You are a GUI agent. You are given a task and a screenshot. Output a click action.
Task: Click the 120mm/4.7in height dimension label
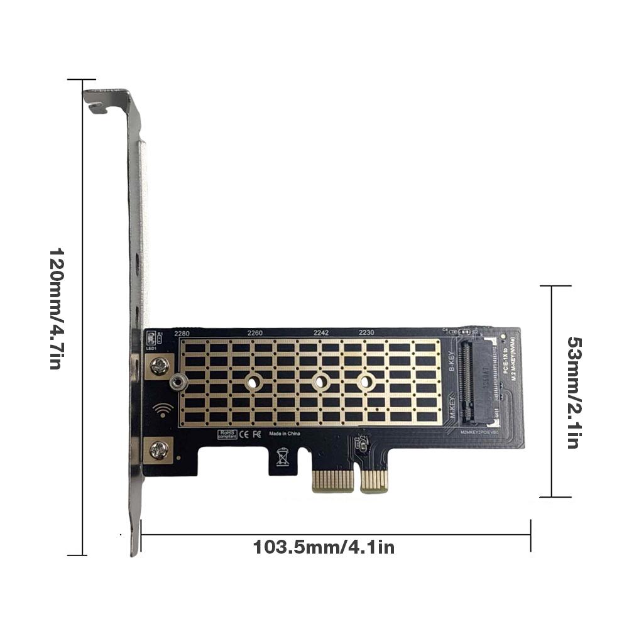point(55,309)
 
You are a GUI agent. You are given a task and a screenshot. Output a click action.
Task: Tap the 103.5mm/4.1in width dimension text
point(324,547)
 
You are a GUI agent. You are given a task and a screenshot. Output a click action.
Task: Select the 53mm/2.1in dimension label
point(572,392)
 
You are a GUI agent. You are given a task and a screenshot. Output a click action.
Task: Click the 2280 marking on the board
point(182,333)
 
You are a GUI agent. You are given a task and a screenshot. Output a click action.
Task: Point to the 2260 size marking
point(254,333)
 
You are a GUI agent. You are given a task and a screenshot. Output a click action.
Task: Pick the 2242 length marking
point(321,333)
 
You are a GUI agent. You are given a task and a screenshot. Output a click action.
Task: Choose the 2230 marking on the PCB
point(366,333)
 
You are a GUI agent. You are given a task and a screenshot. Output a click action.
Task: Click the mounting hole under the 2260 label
point(254,381)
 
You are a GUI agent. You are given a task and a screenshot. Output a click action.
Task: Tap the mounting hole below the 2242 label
point(321,381)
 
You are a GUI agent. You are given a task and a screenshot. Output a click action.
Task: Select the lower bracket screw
point(160,449)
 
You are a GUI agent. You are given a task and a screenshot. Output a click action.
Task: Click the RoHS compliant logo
point(227,434)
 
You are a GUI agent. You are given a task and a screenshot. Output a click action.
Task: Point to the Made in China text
point(285,434)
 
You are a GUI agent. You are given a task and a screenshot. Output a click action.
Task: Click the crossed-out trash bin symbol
point(283,456)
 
